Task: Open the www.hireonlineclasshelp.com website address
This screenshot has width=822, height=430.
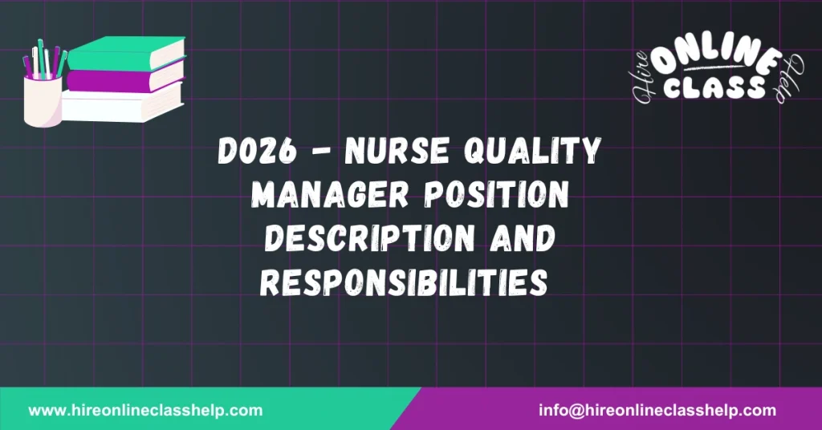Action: point(145,410)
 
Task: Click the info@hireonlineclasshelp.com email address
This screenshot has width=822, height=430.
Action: point(657,410)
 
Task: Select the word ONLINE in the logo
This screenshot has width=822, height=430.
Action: point(716,63)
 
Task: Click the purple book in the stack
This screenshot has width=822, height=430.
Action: point(124,78)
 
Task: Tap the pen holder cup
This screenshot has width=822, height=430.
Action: point(42,103)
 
